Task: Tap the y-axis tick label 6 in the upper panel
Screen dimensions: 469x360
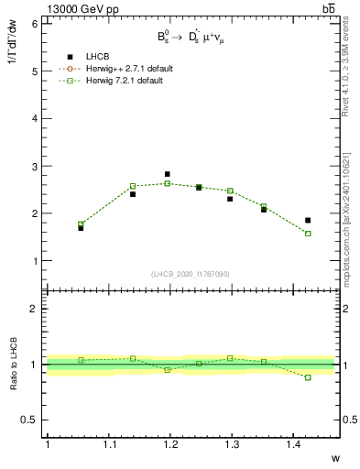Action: point(34,24)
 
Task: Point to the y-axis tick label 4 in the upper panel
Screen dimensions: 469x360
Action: point(34,118)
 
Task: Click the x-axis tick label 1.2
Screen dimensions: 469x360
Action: point(169,445)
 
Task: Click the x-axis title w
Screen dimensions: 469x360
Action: point(334,458)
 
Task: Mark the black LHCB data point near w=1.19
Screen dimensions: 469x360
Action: point(167,174)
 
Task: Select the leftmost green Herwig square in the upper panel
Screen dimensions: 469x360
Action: point(81,224)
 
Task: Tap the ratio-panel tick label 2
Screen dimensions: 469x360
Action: point(34,309)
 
